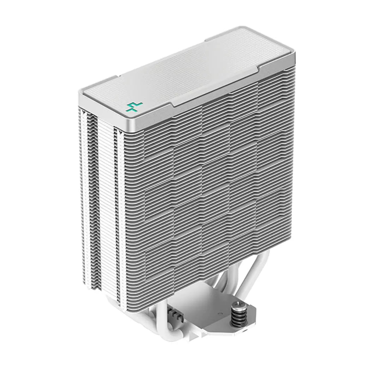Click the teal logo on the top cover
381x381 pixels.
tap(134, 106)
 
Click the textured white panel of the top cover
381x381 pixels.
tap(198, 71)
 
